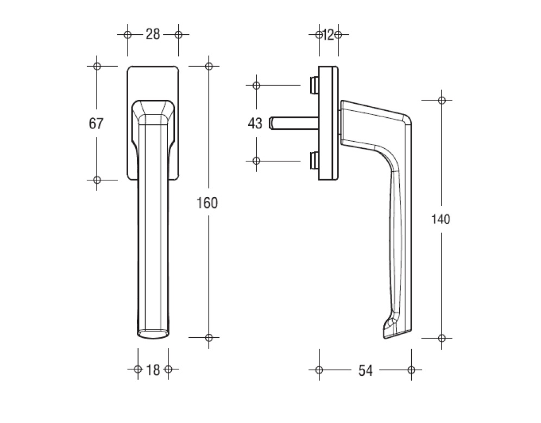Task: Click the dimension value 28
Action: click(153, 35)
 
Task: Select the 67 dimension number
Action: click(96, 124)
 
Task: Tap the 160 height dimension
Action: click(207, 203)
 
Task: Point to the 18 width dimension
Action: click(153, 370)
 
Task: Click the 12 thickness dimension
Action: click(328, 35)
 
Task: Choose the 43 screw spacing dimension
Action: click(255, 124)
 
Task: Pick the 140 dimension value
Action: click(441, 219)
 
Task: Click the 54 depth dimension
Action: click(366, 370)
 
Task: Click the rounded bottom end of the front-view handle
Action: click(153, 333)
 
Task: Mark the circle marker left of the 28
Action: click(128, 35)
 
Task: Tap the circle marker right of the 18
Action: click(168, 370)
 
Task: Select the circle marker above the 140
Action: click(442, 100)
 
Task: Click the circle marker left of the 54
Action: click(319, 370)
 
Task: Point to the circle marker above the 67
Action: click(97, 66)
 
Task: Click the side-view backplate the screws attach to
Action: click(328, 123)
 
